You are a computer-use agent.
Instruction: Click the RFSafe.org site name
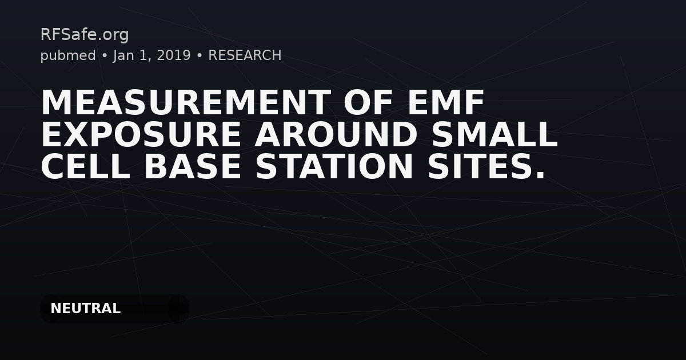85,35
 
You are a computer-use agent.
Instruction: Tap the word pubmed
68,56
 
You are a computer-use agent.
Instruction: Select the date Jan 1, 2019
152,56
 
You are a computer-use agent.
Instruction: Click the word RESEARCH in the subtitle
245,55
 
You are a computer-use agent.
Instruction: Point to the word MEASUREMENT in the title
186,102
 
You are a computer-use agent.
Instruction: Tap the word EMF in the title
445,102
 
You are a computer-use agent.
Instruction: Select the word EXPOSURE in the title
141,134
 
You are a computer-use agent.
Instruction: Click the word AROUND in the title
336,134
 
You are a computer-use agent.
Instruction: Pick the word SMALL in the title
494,134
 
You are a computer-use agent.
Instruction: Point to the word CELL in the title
85,166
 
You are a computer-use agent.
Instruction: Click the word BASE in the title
192,166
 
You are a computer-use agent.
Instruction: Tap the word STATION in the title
334,166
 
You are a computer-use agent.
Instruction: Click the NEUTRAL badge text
85,309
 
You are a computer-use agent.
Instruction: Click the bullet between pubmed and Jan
105,56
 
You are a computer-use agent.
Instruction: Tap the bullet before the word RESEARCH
200,56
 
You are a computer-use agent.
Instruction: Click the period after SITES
540,175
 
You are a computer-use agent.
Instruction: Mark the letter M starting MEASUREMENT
55,102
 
